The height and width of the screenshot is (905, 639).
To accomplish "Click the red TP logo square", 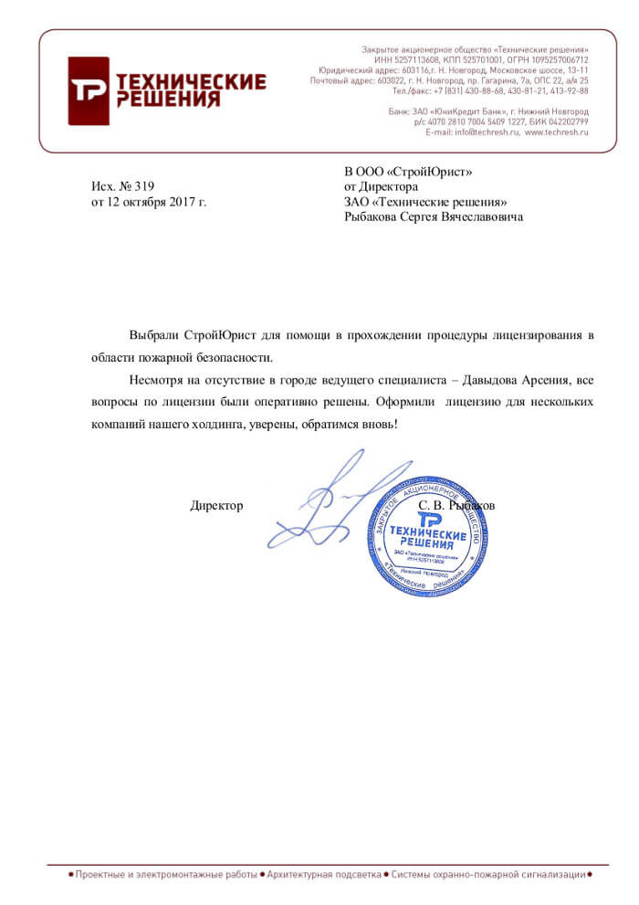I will click(x=89, y=90).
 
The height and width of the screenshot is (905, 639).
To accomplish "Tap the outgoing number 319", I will click(x=145, y=186).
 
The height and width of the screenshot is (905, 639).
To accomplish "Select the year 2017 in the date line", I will click(x=179, y=202).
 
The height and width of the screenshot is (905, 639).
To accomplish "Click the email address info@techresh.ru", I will click(x=487, y=132).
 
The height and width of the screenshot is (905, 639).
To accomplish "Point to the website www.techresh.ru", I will click(x=557, y=132).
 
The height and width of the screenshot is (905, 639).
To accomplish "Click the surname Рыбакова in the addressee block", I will click(x=372, y=217).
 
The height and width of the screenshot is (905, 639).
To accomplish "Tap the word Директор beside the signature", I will click(x=216, y=505).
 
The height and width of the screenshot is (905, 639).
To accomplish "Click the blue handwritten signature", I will click(x=329, y=502).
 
